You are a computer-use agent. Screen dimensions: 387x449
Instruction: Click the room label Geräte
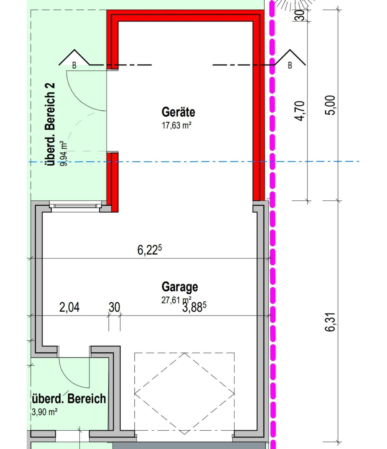pyautogui.click(x=178, y=112)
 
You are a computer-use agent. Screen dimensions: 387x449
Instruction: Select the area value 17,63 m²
pyautogui.click(x=177, y=125)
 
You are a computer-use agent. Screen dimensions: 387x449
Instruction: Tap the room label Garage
pyautogui.click(x=180, y=287)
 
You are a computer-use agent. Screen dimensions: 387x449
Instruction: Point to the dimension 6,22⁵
pyautogui.click(x=150, y=250)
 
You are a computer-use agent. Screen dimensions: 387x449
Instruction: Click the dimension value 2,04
pyautogui.click(x=69, y=307)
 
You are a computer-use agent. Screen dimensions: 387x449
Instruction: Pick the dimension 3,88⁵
pyautogui.click(x=194, y=307)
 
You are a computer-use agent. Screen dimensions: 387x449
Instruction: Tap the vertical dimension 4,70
pyautogui.click(x=300, y=111)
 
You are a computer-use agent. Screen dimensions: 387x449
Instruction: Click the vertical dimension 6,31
pyautogui.click(x=330, y=322)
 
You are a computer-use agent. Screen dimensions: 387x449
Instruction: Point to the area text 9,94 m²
pyautogui.click(x=64, y=153)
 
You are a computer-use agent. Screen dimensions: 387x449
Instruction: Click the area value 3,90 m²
pyautogui.click(x=44, y=412)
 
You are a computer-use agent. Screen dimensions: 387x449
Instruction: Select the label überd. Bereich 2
pyautogui.click(x=50, y=124)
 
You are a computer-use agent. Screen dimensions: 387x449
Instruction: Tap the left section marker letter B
pyautogui.click(x=74, y=66)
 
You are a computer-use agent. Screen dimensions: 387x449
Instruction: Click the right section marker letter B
pyautogui.click(x=290, y=66)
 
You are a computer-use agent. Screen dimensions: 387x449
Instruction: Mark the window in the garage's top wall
pyautogui.click(x=75, y=206)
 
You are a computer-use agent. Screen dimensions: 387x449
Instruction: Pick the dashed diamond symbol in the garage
pyautogui.click(x=184, y=393)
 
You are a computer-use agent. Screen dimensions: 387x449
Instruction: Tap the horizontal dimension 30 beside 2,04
pyautogui.click(x=114, y=307)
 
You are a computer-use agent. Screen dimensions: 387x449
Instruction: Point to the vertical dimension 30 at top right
pyautogui.click(x=300, y=15)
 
